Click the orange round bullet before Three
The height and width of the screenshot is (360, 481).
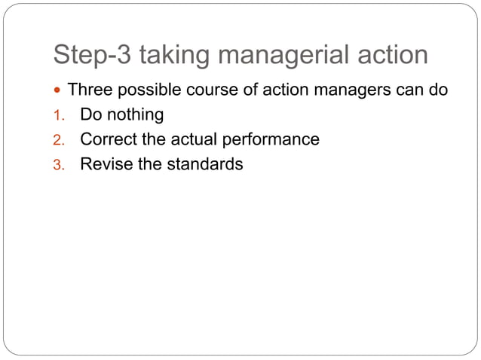click(59, 91)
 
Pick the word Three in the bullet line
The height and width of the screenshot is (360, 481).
click(87, 91)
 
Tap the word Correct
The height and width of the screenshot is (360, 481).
click(107, 139)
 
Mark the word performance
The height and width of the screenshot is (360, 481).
click(271, 139)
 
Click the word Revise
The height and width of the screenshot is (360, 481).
click(106, 163)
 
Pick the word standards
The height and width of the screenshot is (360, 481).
click(206, 163)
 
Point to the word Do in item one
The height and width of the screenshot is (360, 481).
click(90, 115)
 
